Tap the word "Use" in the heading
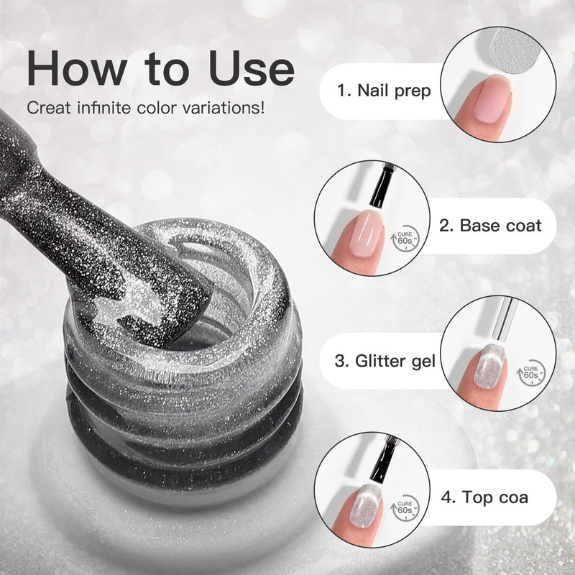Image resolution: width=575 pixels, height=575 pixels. pos(252,68)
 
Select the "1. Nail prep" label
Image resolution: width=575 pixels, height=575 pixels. pos(384,91)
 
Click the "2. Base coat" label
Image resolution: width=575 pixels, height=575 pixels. pos(490,225)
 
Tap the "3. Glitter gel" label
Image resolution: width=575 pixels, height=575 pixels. pos(385,361)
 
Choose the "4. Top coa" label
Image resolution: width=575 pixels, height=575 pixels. pos(484,497)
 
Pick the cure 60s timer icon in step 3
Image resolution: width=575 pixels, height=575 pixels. pos(530,373)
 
